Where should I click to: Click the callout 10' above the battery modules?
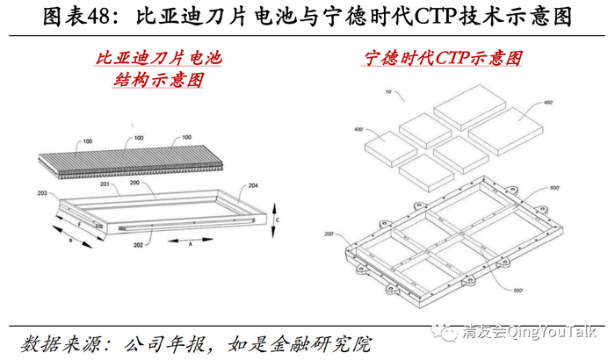[x=363, y=91]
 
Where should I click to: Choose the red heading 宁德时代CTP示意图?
[x=444, y=59]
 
